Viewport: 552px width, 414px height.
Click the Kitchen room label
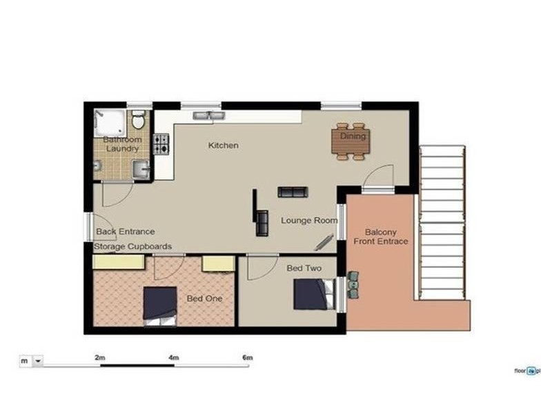click(224, 146)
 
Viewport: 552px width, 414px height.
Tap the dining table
click(351, 141)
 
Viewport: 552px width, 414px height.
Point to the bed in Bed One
click(160, 304)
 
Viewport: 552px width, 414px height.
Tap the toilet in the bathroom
click(138, 122)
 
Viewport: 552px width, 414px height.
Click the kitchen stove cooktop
click(161, 144)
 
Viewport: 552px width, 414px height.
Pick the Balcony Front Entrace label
click(381, 237)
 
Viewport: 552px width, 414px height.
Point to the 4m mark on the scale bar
click(173, 357)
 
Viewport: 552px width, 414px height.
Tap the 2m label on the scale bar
click(100, 357)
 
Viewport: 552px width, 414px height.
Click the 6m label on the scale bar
click(248, 357)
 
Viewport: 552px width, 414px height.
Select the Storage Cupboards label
click(132, 246)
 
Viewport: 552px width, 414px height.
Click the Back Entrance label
click(125, 232)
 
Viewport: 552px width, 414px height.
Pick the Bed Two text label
click(301, 266)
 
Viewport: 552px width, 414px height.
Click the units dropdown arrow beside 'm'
click(37, 360)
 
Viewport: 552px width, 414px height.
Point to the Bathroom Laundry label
click(122, 144)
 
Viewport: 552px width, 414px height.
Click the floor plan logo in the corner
click(528, 371)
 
